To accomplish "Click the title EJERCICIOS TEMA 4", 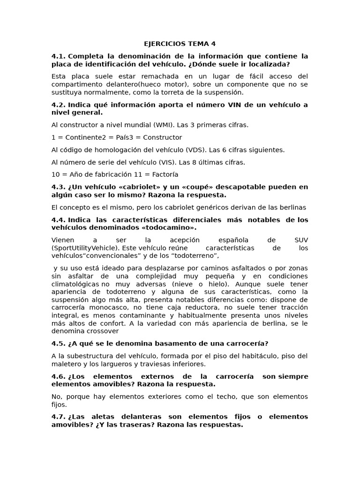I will pos(180,44).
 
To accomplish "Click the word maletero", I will pos(66,364).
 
